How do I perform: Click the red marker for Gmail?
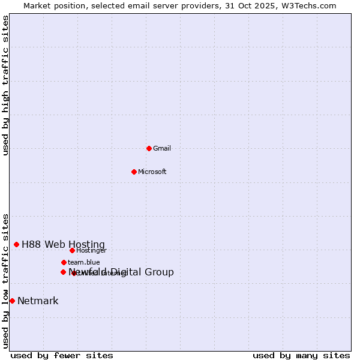point(149,148)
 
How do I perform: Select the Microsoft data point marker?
point(134,172)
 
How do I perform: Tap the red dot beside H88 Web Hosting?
point(16,244)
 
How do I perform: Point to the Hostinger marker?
point(72,250)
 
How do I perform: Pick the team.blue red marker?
point(64,262)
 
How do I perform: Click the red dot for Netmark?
point(12,301)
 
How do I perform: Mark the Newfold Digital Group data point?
point(63,272)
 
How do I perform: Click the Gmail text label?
point(162,148)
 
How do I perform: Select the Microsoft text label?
point(152,172)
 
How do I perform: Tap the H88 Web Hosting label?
point(63,244)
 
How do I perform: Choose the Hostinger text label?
point(91,250)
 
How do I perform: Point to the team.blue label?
point(84,262)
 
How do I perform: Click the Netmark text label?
point(38,301)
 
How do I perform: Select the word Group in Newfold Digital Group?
point(158,272)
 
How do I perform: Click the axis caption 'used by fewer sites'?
point(62,355)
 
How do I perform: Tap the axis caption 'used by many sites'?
point(301,355)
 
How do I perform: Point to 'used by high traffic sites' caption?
point(6,85)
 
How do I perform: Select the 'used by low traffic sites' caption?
point(6,281)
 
